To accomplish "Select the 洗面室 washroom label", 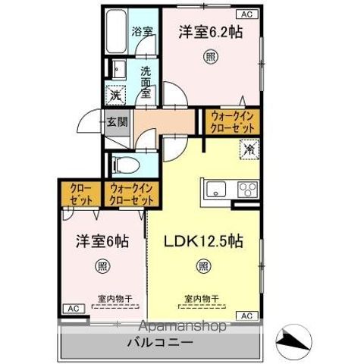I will (146, 78).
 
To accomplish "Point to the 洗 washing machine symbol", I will (115, 96).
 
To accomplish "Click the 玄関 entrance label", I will (116, 121).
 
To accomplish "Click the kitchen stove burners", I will (247, 189).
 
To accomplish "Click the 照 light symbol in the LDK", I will (203, 265).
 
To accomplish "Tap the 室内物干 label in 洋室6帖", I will (112, 299).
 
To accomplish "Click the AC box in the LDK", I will (247, 315).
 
